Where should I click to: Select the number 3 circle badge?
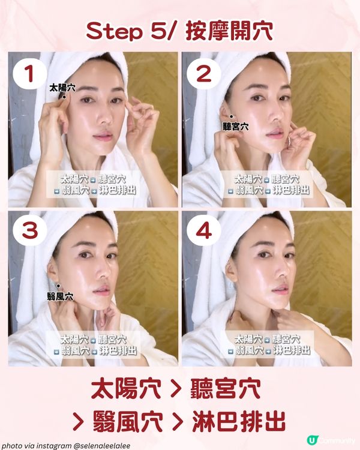click(x=27, y=232)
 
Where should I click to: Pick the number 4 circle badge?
click(x=202, y=232)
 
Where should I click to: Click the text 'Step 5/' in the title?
click(x=125, y=31)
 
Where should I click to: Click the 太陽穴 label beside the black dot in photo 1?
click(x=62, y=88)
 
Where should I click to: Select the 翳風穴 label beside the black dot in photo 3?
click(x=60, y=296)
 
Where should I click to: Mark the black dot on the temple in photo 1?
click(x=64, y=96)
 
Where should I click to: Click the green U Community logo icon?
click(x=311, y=440)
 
